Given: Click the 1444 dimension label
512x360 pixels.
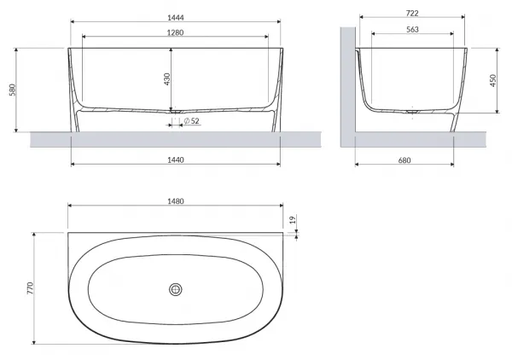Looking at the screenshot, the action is coord(176,18).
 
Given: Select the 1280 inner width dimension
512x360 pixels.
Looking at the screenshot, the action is coord(175,32).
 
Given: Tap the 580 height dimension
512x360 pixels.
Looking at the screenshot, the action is coord(13,90).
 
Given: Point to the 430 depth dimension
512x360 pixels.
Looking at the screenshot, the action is coord(167,79).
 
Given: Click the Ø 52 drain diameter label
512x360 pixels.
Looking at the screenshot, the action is coord(191,121).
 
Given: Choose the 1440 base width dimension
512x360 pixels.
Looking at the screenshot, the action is coord(176,160).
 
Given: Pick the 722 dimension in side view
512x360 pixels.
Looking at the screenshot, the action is coord(412,13).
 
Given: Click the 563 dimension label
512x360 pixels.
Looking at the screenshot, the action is coord(412,29).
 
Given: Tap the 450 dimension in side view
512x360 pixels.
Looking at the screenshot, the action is coord(492,81).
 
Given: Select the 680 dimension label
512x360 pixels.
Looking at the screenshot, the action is coord(404,160).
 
